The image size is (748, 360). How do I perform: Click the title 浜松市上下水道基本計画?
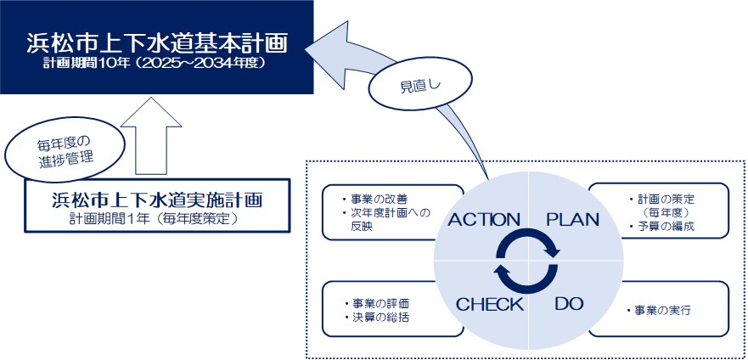tap(156, 42)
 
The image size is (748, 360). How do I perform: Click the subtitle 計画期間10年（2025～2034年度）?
tap(156, 63)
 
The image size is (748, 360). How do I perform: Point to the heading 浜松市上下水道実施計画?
tap(156, 200)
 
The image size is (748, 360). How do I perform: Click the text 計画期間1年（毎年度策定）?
tap(156, 218)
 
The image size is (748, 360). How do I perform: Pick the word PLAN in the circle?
tap(572, 219)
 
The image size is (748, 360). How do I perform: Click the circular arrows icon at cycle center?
tap(527, 262)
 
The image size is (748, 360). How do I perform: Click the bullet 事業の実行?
tap(657, 310)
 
